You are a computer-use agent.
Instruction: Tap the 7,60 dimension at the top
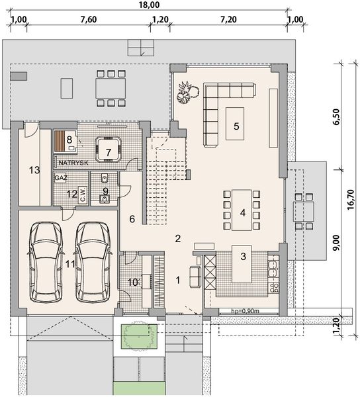tap(87, 19)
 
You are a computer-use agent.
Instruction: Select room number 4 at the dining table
tap(243, 213)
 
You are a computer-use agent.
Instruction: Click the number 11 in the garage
tap(69, 263)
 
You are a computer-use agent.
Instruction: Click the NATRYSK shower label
tap(73, 162)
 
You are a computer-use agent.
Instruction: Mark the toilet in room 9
tap(105, 178)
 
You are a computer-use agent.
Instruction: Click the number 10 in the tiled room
tap(132, 283)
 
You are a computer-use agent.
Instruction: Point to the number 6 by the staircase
tap(132, 219)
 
